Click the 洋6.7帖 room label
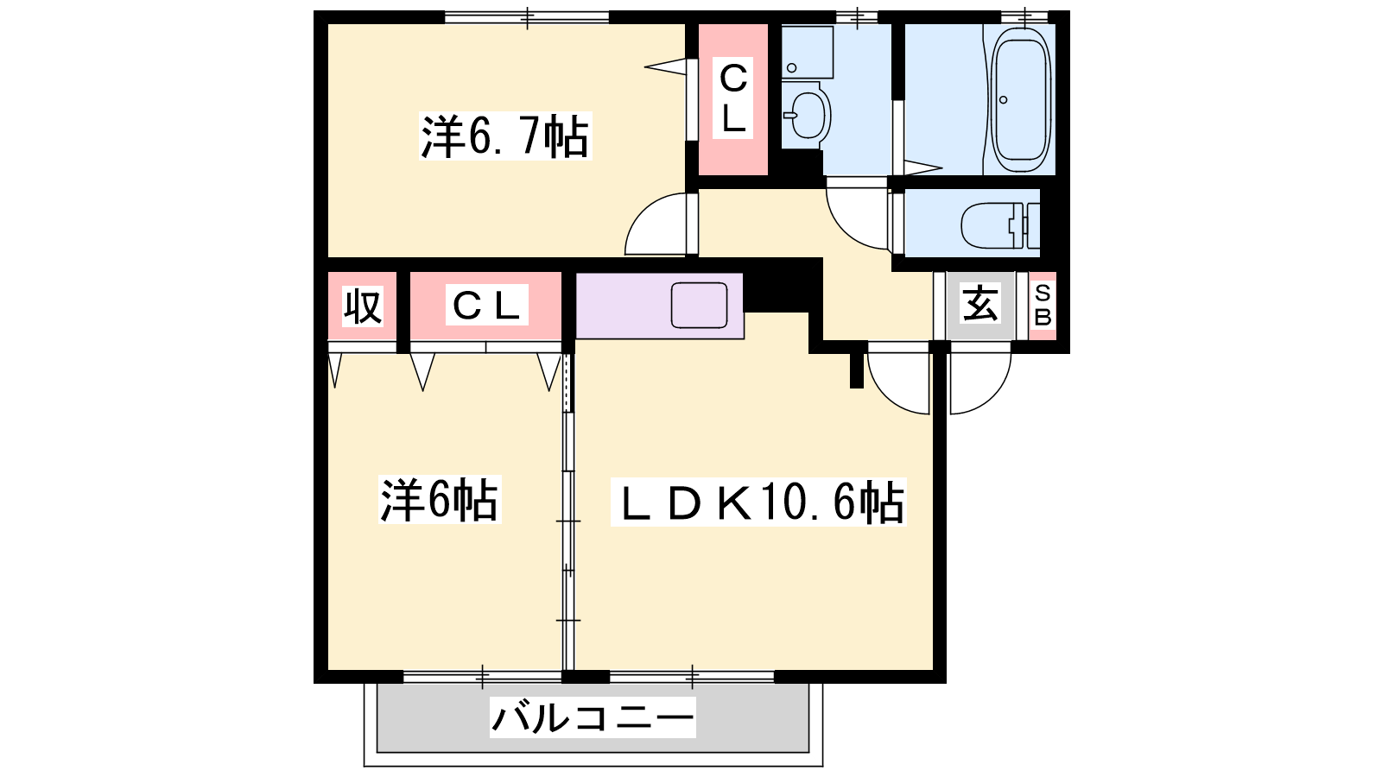pyautogui.click(x=504, y=136)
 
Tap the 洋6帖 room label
pyautogui.click(x=440, y=500)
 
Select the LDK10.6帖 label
pyautogui.click(x=758, y=502)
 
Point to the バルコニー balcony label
pyautogui.click(x=593, y=717)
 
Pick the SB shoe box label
pyautogui.click(x=1043, y=306)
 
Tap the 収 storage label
pyautogui.click(x=362, y=306)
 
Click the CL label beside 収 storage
pyautogui.click(x=486, y=305)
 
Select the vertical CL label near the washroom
pyautogui.click(x=733, y=98)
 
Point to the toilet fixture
pyautogui.click(x=999, y=224)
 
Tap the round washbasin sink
pyautogui.click(x=808, y=116)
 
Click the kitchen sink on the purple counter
pyautogui.click(x=699, y=306)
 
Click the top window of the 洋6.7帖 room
pyautogui.click(x=527, y=16)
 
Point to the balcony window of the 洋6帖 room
pyautogui.click(x=483, y=677)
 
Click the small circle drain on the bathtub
pyautogui.click(x=1004, y=100)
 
